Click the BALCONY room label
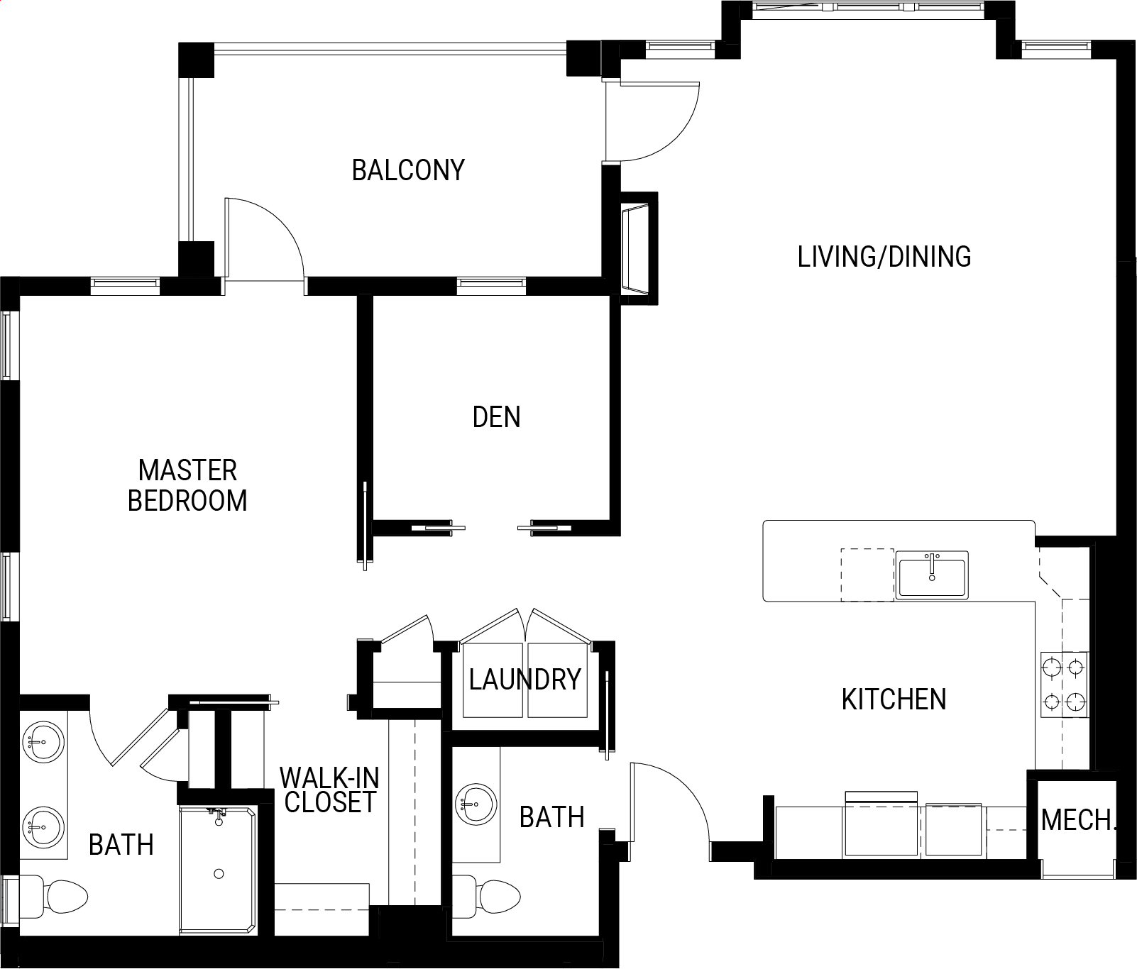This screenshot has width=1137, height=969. point(408,170)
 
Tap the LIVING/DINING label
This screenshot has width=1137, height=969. point(884,257)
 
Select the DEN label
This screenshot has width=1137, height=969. point(496,417)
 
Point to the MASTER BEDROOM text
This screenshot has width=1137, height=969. point(187,485)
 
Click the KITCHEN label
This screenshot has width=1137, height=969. point(894,699)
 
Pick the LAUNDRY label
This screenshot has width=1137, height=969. point(525,680)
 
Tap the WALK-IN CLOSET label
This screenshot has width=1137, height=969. point(329,790)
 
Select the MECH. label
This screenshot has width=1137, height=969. point(1077,821)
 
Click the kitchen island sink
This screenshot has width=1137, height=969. point(931,575)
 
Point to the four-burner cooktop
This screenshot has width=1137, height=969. point(1064,685)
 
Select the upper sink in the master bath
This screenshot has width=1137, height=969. point(43,743)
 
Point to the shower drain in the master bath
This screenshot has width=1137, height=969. point(219,874)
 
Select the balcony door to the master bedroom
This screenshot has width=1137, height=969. point(264,238)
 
